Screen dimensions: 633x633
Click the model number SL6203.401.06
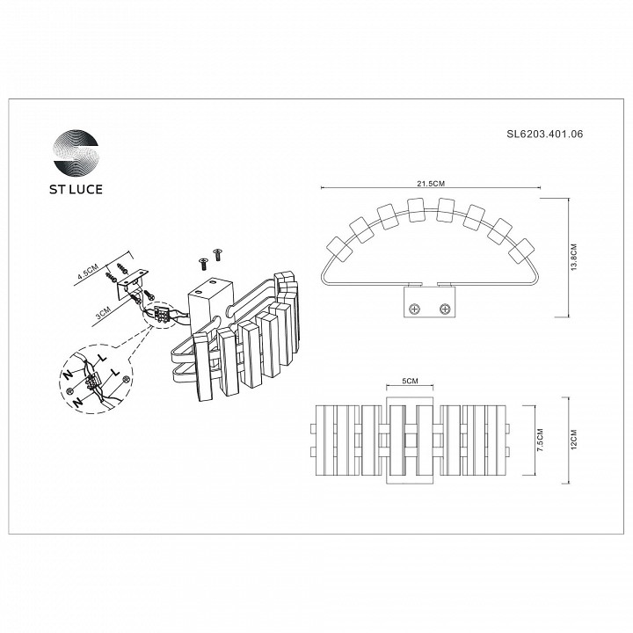(544, 135)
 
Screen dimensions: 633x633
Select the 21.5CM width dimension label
(432, 183)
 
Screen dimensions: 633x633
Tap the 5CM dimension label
(408, 382)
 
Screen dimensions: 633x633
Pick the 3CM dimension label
(104, 310)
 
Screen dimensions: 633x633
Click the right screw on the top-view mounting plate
(445, 308)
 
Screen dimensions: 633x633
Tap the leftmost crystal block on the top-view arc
(338, 250)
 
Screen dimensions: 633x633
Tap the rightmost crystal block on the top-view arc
(526, 250)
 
